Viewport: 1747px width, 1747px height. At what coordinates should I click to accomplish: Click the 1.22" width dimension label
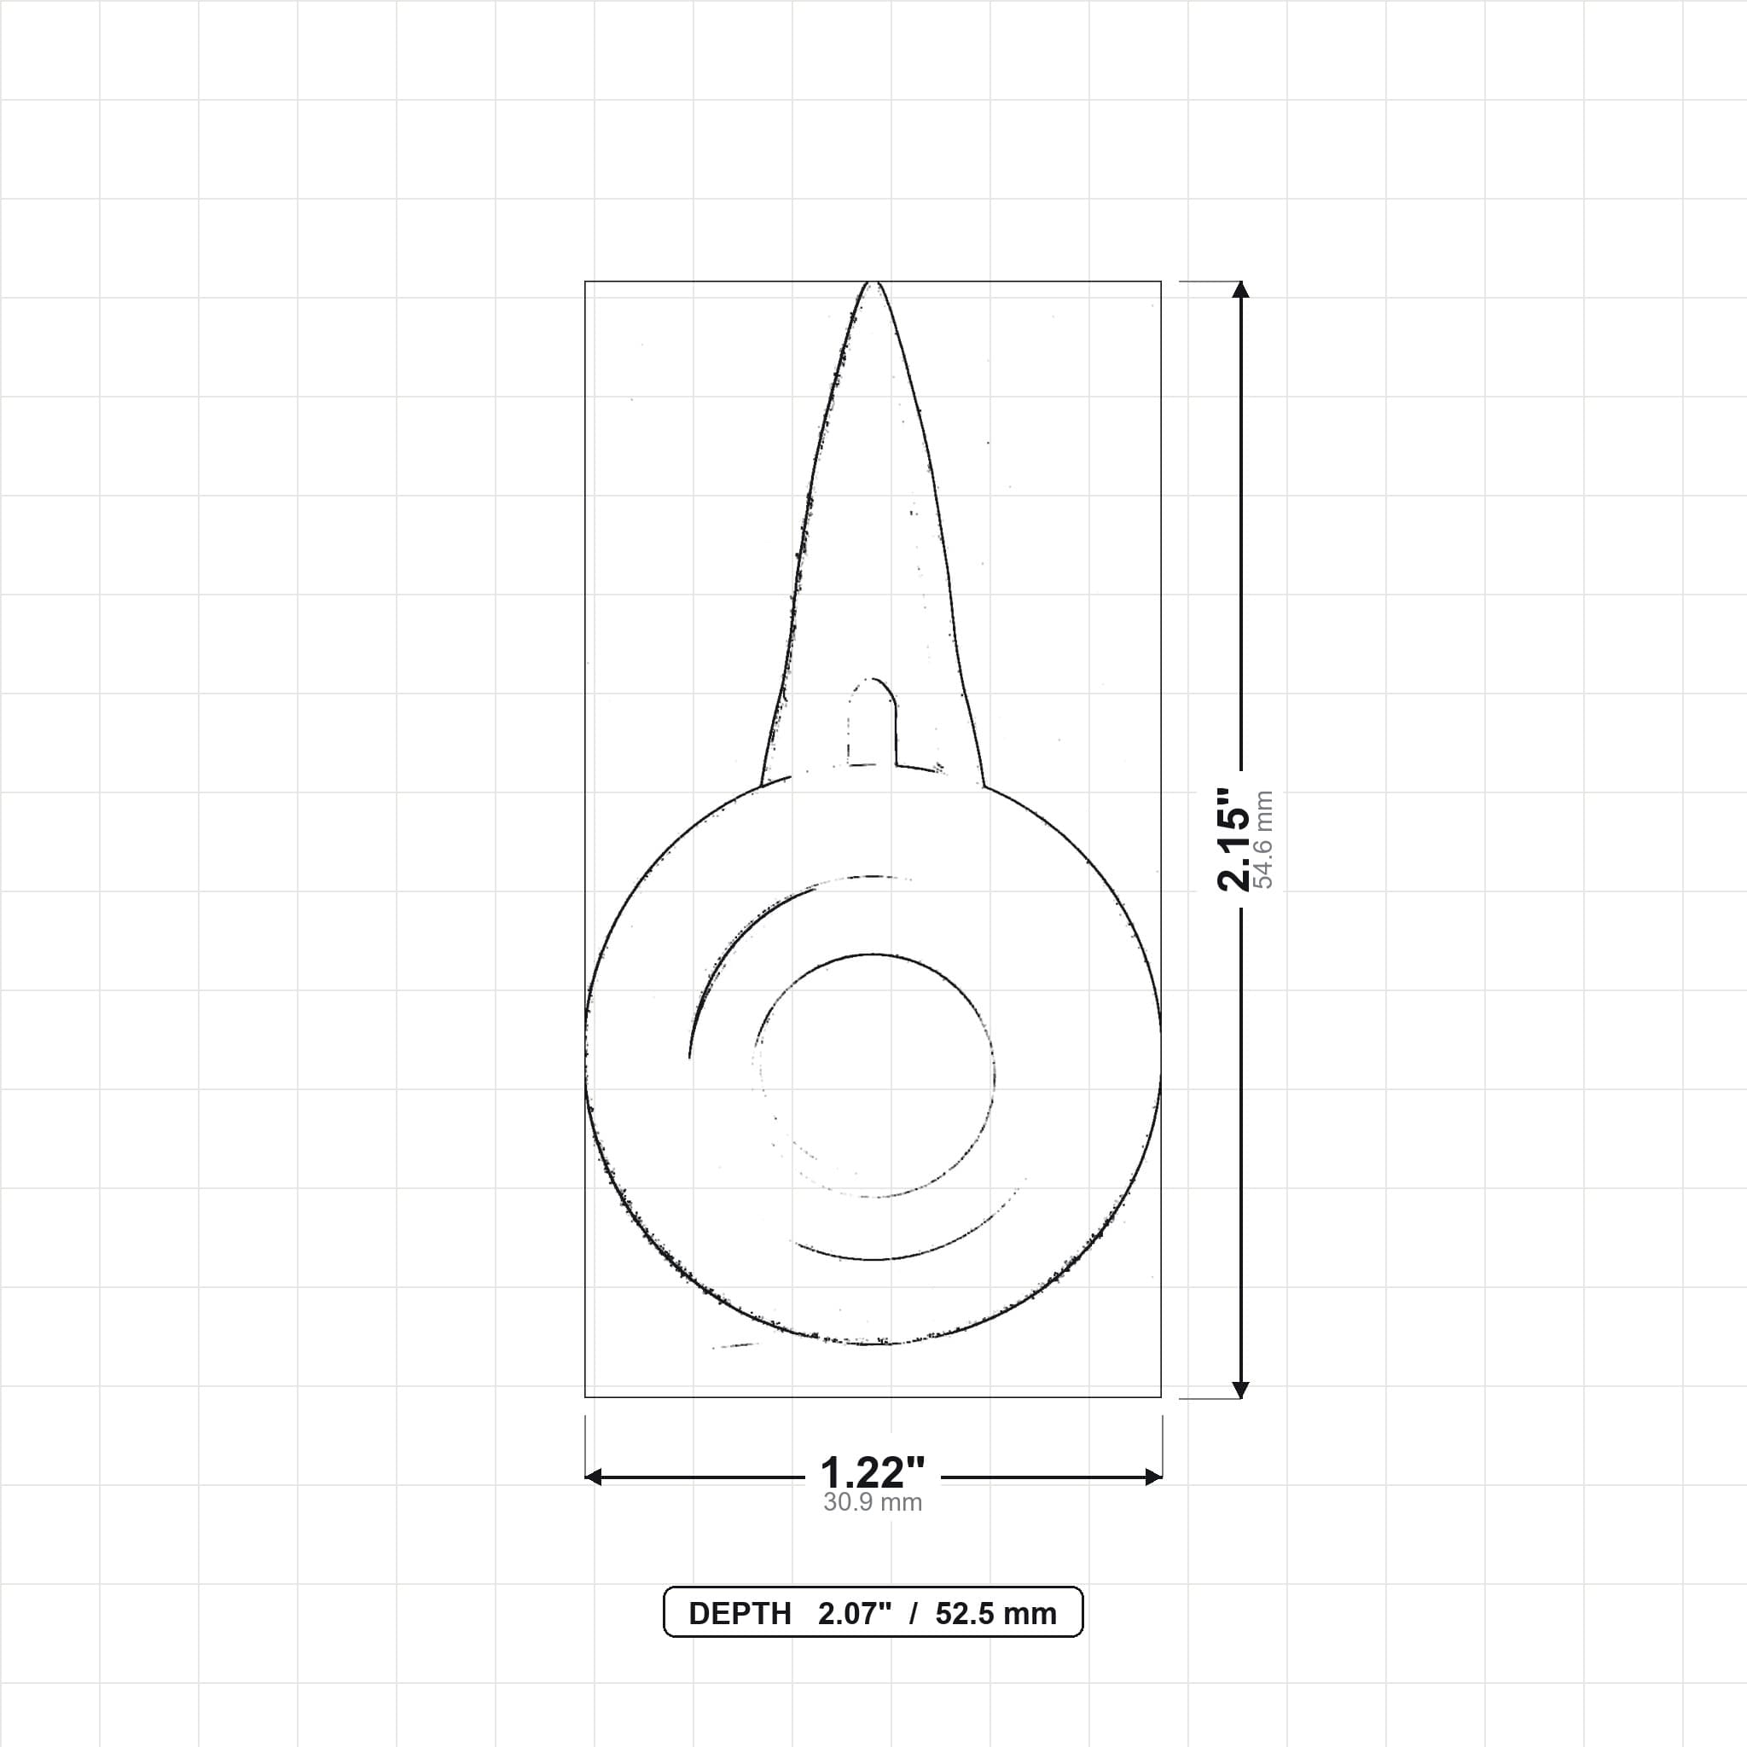(873, 1473)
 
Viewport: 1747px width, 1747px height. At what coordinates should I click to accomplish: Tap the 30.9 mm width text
(873, 1503)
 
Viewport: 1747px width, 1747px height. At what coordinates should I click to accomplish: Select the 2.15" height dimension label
(1233, 840)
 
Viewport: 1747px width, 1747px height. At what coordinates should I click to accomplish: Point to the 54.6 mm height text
(1264, 840)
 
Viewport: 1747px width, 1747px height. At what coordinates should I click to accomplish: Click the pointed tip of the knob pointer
(871, 282)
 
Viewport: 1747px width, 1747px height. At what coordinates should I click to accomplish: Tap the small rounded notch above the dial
(872, 721)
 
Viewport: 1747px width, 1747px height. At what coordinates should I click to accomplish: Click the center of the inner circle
(873, 1074)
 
